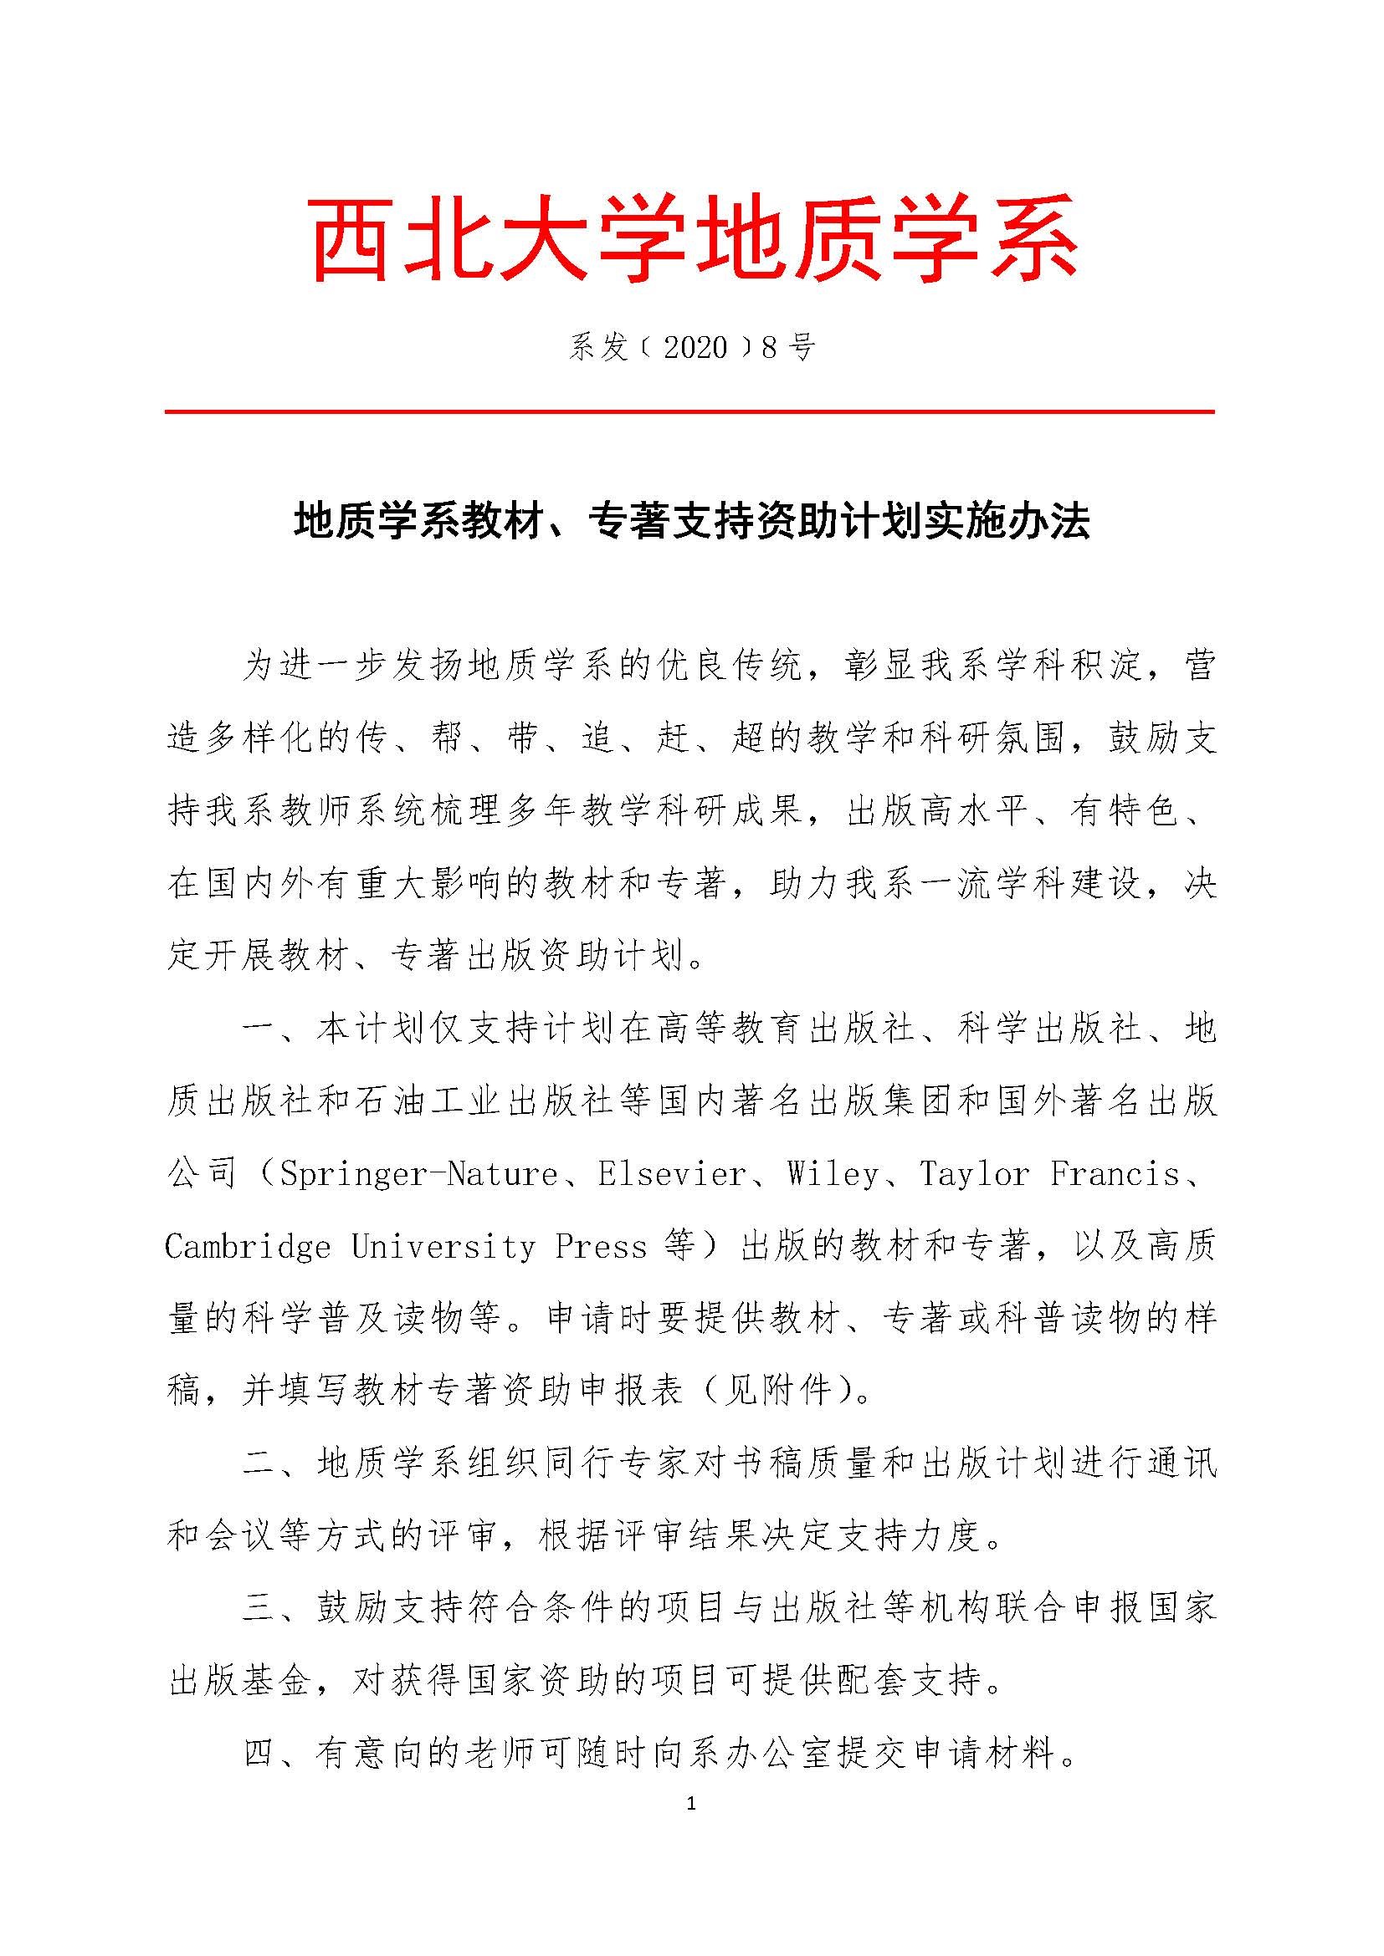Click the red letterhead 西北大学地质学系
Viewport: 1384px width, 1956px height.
[692, 237]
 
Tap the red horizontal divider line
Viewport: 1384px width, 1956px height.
[689, 412]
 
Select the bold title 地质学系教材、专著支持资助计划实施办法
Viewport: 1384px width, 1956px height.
[691, 522]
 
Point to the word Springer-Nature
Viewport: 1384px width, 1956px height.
[418, 1175]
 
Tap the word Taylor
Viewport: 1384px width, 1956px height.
[975, 1175]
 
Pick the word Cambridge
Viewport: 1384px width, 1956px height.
[248, 1247]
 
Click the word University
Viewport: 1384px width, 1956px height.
[444, 1247]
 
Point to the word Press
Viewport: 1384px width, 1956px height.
[601, 1247]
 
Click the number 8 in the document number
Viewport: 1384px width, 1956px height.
[769, 347]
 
